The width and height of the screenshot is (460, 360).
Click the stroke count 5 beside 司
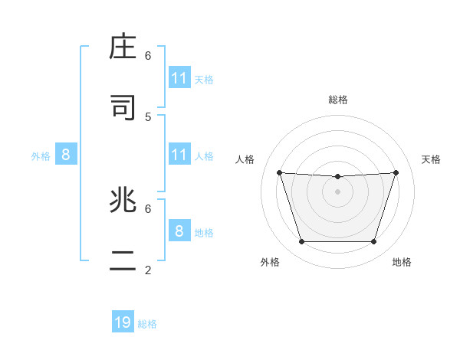[148, 116]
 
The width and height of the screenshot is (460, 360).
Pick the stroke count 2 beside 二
[148, 270]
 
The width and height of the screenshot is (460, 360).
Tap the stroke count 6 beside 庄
[148, 55]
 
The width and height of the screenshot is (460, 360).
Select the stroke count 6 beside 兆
[148, 208]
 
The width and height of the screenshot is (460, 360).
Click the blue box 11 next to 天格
[179, 78]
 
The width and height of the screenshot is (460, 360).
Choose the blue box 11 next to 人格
[179, 155]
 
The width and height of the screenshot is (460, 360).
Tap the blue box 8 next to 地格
[179, 231]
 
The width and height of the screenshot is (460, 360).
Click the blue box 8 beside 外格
[66, 155]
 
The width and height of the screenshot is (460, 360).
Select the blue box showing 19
[123, 322]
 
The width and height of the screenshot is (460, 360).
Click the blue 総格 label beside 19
[147, 324]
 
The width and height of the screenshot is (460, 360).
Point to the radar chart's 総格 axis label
[338, 100]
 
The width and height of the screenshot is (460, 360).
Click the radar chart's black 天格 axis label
[432, 159]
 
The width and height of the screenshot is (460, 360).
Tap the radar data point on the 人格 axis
[279, 172]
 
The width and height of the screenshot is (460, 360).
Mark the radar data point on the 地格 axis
[373, 241]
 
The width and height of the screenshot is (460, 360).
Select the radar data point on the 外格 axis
[301, 241]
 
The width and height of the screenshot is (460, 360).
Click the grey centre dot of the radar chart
[337, 191]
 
